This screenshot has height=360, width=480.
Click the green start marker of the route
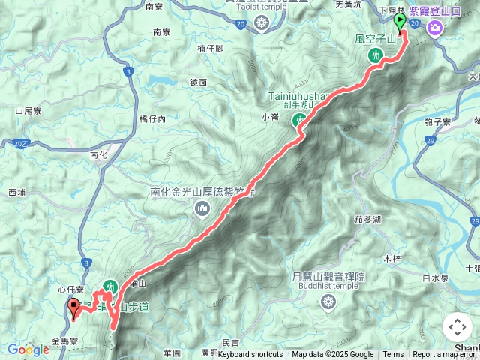(400, 23)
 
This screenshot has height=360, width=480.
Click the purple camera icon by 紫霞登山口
(434, 28)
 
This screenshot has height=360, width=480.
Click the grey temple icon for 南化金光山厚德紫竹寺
(202, 211)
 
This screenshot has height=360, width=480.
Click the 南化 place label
(99, 155)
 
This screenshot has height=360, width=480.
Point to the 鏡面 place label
(198, 82)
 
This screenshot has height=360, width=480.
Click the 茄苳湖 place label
(367, 220)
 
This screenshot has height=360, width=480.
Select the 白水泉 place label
(434, 277)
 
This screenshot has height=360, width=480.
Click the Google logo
(28, 349)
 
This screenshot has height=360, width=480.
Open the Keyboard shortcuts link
(250, 355)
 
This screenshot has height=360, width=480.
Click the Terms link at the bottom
(393, 355)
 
